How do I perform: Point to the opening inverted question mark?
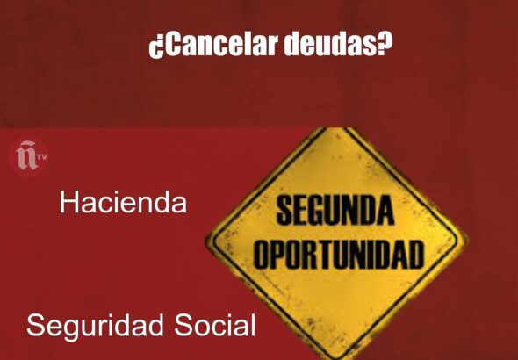pyautogui.click(x=156, y=47)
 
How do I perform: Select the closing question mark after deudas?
pyautogui.click(x=384, y=43)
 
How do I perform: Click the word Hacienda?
pyautogui.click(x=123, y=202)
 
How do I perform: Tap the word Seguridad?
pyautogui.click(x=95, y=327)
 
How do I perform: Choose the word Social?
pyautogui.click(x=215, y=325)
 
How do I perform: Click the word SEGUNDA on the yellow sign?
pyautogui.click(x=335, y=210)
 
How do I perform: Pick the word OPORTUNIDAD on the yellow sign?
pyautogui.click(x=338, y=255)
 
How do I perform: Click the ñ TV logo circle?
pyautogui.click(x=29, y=157)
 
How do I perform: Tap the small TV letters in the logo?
pyautogui.click(x=42, y=156)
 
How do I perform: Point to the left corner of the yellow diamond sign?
pyautogui.click(x=205, y=239)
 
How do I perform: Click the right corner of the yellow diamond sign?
pyautogui.click(x=466, y=239)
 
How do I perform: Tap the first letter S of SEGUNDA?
pyautogui.click(x=284, y=211)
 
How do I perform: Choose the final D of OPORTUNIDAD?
pyautogui.click(x=415, y=255)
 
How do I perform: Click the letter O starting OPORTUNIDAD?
pyautogui.click(x=262, y=255)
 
